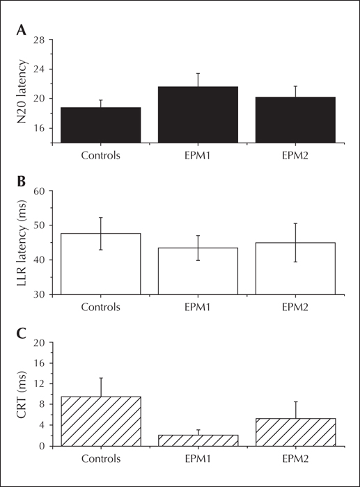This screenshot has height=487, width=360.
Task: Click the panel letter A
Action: (x=21, y=30)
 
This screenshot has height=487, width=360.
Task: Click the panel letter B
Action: (x=21, y=182)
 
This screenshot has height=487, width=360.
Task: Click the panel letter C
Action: (x=21, y=333)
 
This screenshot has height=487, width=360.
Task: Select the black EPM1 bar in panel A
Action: (x=198, y=115)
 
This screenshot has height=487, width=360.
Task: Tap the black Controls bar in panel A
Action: (x=101, y=125)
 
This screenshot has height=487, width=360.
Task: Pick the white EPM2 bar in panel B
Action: (x=295, y=269)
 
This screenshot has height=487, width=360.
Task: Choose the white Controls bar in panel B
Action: (x=101, y=264)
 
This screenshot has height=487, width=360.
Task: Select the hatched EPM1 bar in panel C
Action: (x=198, y=440)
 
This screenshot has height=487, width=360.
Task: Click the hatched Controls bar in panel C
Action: (x=101, y=422)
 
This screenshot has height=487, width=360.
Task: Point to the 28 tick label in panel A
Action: (x=40, y=40)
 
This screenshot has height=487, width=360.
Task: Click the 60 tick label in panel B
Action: (x=40, y=191)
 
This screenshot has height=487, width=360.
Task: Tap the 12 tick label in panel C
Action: (x=40, y=383)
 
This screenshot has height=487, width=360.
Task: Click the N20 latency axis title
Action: (x=22, y=92)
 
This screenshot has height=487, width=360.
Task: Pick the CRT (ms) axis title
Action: (x=22, y=394)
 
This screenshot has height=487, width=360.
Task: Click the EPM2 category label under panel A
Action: (x=295, y=155)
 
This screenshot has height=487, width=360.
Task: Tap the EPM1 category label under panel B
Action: (x=198, y=307)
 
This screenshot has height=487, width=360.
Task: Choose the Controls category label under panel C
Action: (x=101, y=458)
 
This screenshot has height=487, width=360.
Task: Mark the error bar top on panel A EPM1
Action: (x=198, y=73)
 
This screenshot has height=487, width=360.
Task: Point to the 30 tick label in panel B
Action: (x=40, y=294)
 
